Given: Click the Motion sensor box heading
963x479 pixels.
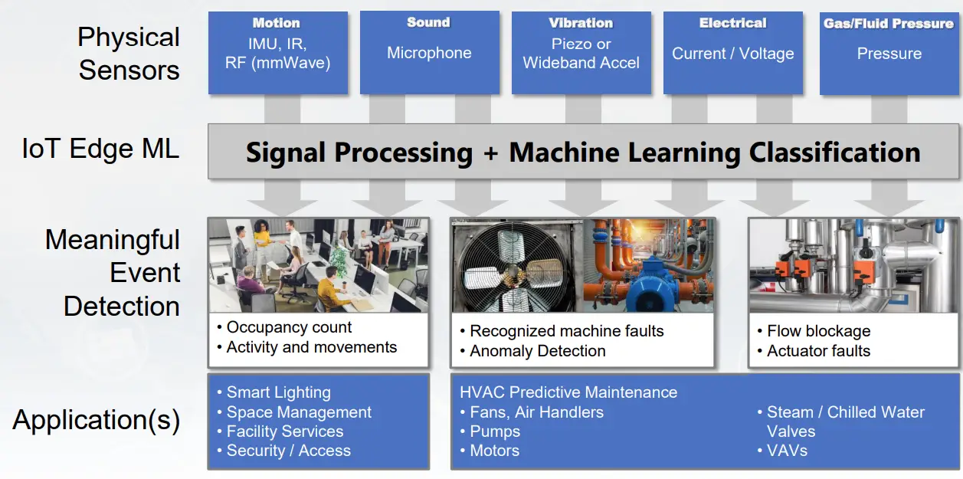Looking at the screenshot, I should [276, 23].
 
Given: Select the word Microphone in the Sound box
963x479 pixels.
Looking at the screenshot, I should [429, 53].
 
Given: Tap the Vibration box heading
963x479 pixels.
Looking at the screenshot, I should [581, 23].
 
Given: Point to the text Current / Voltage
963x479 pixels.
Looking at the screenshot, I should [732, 54].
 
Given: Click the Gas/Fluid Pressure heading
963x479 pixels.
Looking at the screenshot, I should [889, 24].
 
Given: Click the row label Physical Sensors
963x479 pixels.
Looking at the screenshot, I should [129, 54].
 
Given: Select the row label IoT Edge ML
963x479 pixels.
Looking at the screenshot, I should [100, 148].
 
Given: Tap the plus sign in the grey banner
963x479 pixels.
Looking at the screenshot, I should [490, 153].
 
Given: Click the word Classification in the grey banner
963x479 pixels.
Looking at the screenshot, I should [834, 153].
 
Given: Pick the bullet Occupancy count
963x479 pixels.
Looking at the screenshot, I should [289, 327].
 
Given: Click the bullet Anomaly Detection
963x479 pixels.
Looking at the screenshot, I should [537, 351].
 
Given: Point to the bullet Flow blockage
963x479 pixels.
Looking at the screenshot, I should [818, 331].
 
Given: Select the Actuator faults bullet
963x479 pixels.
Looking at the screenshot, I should [818, 351].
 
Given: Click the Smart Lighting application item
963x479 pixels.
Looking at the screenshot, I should [278, 392].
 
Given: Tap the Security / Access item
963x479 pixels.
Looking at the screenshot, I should [288, 451].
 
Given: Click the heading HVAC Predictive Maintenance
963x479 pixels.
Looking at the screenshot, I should [568, 392].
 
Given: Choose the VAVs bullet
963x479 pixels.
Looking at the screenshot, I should [787, 451].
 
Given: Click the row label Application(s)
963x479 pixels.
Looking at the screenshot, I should [97, 420].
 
